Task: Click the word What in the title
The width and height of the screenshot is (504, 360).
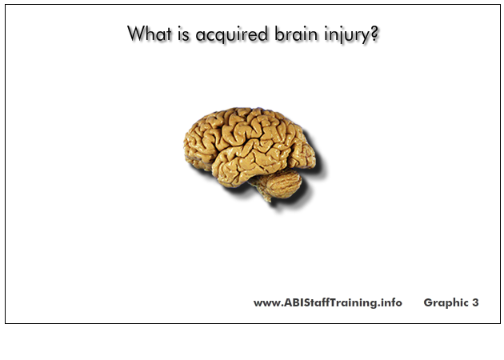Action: tap(150, 34)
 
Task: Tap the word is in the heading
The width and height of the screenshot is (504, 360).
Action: tap(183, 34)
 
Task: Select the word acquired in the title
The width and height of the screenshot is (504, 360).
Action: tap(231, 35)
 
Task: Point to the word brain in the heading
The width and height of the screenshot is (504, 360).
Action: tap(296, 34)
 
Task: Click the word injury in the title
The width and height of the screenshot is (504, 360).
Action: tap(347, 35)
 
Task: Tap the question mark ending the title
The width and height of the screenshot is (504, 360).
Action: tap(374, 34)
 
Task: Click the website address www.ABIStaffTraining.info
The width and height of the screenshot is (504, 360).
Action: tap(327, 302)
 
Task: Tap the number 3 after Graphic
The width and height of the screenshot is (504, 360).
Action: tap(475, 302)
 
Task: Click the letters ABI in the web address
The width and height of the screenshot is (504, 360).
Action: tap(293, 302)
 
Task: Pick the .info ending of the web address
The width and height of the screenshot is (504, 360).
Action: tap(390, 302)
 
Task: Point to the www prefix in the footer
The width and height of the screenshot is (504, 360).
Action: tap(266, 304)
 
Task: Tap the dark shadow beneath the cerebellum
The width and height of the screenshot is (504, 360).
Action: tap(291, 202)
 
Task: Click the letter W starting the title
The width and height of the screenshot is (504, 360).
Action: tap(135, 34)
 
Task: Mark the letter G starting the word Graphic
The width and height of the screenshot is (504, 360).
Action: tap(428, 302)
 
